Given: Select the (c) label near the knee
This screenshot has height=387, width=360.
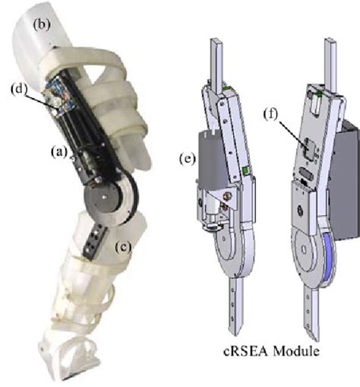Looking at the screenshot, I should tap(122, 246).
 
